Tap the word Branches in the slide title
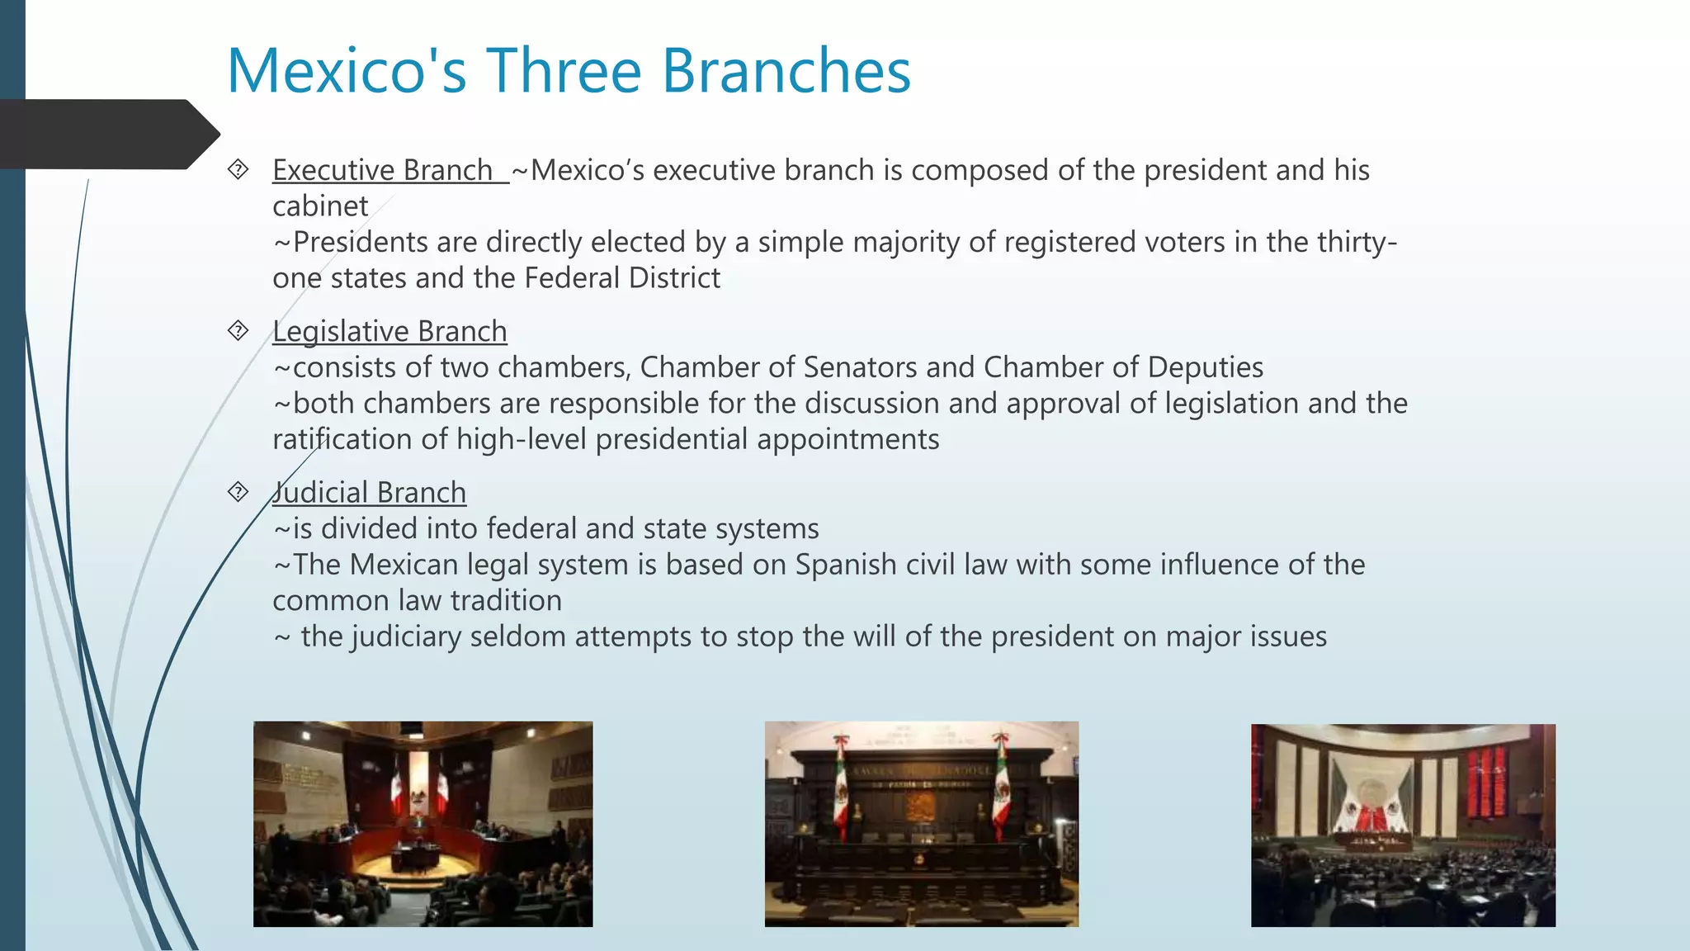786,71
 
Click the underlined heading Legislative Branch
389,331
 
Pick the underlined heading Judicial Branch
370,493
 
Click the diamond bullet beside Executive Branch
238,170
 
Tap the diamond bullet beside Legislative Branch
238,331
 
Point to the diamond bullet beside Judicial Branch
238,493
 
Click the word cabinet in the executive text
320,206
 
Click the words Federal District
622,278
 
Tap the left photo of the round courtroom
422,824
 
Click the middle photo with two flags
921,824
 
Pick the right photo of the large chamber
1403,826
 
